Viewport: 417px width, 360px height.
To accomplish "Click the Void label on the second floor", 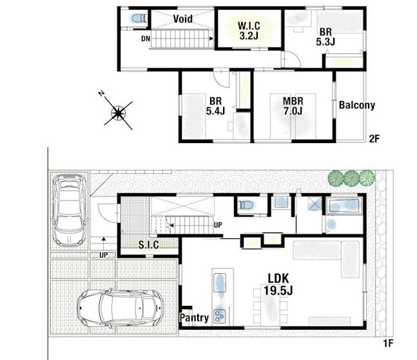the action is tap(182, 19).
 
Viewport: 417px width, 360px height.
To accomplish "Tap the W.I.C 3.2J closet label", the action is tap(249, 30).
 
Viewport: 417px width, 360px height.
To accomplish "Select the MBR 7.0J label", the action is tap(293, 106).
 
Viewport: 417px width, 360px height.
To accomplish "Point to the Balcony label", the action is tap(357, 105).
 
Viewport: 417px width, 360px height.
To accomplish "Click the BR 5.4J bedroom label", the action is tap(215, 106).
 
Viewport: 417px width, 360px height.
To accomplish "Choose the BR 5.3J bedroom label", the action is tap(325, 37).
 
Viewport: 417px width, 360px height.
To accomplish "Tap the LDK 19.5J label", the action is tap(278, 284).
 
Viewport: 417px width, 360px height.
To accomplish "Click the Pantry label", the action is tap(194, 317).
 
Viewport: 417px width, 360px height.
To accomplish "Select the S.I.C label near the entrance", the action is tap(149, 245).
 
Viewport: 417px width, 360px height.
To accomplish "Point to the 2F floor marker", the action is tap(374, 138).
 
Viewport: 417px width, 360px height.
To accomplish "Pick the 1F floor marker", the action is tap(388, 343).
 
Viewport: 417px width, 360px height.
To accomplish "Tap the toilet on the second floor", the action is tap(139, 19).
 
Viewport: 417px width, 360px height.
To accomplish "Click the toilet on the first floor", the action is tap(246, 205).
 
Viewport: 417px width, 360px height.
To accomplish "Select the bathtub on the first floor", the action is tap(344, 205).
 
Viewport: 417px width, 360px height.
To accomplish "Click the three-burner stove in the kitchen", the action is tap(220, 316).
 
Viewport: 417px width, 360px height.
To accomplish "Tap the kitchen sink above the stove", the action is tap(220, 283).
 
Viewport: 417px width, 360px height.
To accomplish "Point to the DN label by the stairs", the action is tap(146, 39).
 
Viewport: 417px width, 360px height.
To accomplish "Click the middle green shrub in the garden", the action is tap(351, 178).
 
